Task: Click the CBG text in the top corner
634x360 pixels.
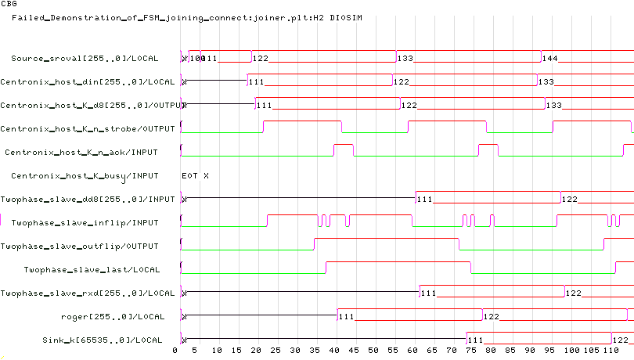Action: click(x=9, y=4)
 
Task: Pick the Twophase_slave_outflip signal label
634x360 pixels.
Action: click(x=80, y=247)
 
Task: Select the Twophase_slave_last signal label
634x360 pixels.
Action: click(x=92, y=270)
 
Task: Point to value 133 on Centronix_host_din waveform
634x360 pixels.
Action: click(x=546, y=82)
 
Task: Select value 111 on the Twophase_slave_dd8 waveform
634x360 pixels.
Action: click(x=425, y=200)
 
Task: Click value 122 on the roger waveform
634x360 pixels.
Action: click(x=492, y=317)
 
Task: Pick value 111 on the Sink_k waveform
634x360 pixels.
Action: click(x=476, y=340)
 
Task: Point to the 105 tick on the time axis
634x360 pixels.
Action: click(x=593, y=351)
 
